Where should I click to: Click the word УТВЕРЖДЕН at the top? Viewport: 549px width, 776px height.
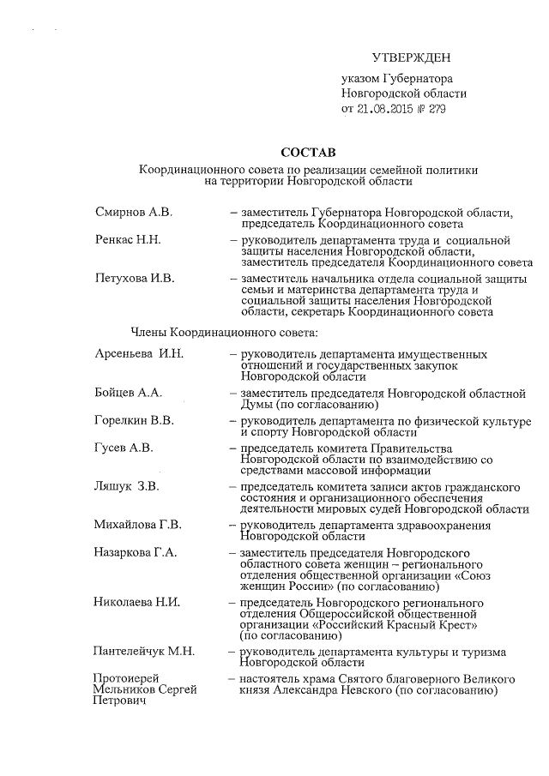(411, 57)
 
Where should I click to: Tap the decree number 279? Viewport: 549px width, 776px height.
(435, 110)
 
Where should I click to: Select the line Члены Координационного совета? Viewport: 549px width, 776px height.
(225, 331)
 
